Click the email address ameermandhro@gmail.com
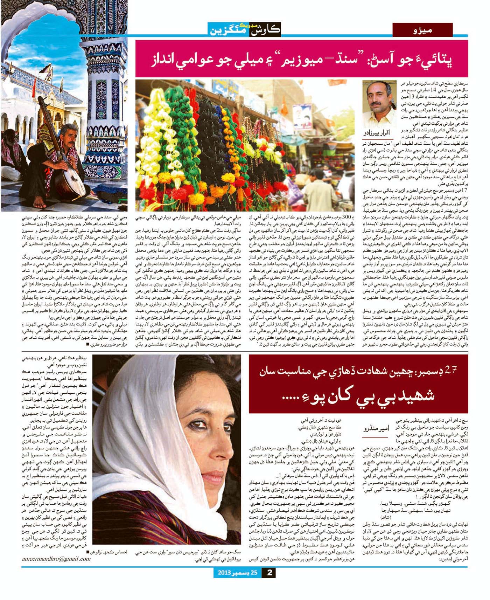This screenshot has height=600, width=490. point(56,559)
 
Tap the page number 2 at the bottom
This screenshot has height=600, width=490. point(269,573)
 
